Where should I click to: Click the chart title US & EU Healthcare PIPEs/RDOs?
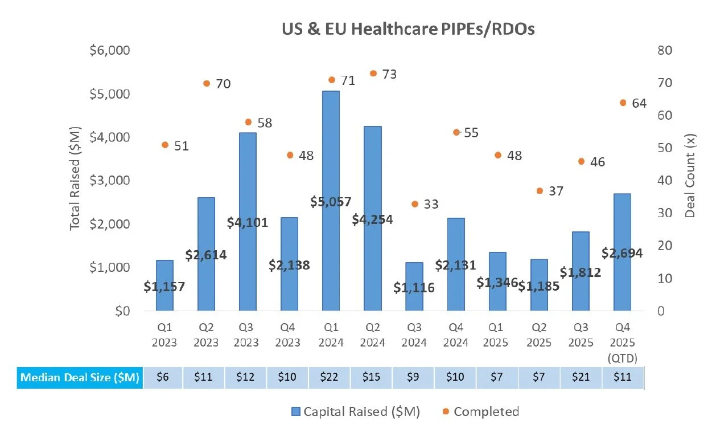(408, 28)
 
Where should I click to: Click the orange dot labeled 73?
(373, 74)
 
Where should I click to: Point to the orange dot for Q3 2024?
(415, 204)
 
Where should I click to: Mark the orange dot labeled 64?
(623, 103)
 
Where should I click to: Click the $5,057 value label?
(331, 201)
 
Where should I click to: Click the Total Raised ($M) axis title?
(76, 178)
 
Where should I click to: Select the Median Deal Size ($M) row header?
(80, 377)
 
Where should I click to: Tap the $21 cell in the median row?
(581, 377)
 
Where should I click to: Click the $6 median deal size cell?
(163, 377)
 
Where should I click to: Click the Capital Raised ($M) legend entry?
(356, 411)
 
